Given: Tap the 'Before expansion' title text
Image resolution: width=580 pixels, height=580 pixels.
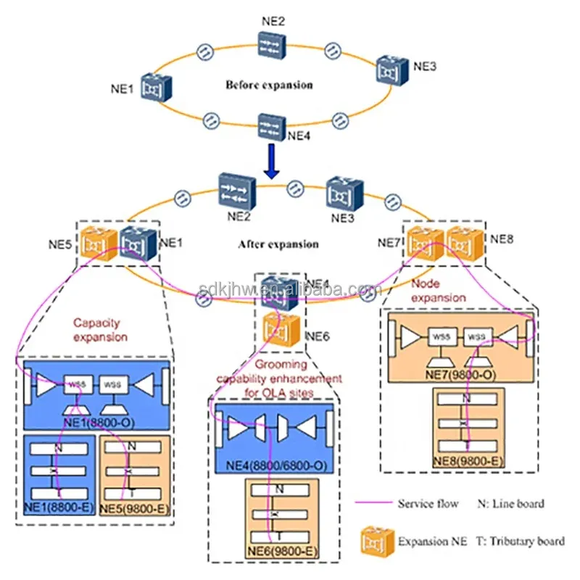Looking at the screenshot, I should coord(269,85).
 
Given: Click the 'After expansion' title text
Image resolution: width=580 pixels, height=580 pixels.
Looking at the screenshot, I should coord(278,244).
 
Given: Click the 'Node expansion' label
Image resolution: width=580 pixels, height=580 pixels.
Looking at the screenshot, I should coord(439,291).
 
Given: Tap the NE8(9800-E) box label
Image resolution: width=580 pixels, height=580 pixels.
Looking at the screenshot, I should coord(468,460).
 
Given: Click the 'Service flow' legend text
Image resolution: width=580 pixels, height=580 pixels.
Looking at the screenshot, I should coord(428,503).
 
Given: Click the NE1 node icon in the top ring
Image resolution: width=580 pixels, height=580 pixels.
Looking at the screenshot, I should coord(156,87).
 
